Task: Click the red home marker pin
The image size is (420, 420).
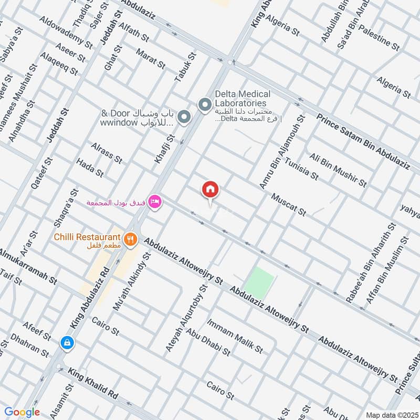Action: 211,190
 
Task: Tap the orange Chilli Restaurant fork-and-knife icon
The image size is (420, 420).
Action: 131,240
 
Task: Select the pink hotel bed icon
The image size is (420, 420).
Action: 154,202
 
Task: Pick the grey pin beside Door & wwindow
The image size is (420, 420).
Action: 183,118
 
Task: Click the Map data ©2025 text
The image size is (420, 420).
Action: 392,414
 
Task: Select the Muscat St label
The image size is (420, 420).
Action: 288,204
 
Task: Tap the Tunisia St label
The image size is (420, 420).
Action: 301,167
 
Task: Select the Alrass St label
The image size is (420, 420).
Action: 107,152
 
